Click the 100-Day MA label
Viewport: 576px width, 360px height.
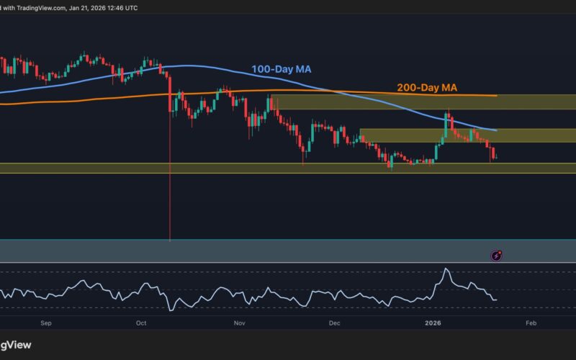click(282, 70)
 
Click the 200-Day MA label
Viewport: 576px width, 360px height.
click(428, 88)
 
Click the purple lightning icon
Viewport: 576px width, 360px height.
click(497, 255)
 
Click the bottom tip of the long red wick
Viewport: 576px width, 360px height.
click(169, 240)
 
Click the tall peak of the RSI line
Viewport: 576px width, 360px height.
click(446, 269)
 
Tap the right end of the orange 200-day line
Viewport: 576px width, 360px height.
click(497, 95)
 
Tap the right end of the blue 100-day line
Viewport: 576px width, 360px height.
click(497, 130)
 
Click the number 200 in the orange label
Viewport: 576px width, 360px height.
click(407, 88)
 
